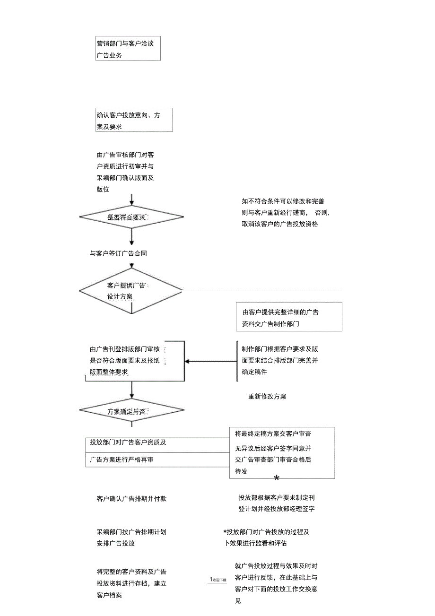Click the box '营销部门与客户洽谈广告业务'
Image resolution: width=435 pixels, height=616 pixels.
128,49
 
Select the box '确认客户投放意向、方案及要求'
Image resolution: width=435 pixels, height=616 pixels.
134,120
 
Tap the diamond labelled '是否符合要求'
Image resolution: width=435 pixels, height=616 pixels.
131,217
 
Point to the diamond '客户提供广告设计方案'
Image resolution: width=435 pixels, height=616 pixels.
130,291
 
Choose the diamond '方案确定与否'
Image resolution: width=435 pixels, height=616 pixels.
131,411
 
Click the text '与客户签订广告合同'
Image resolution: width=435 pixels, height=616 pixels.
118,253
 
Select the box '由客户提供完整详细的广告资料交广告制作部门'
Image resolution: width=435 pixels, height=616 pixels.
289,318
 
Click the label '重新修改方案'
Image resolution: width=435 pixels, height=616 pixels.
267,396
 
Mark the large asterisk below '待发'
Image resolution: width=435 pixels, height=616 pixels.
277,478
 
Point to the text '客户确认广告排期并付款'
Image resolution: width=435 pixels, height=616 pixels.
131,498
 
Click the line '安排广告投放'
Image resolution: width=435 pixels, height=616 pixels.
115,543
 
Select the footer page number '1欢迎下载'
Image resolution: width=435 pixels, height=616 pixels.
218,579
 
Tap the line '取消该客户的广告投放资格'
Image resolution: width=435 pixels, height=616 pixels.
280,224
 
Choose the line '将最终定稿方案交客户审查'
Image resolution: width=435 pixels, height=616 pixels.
273,434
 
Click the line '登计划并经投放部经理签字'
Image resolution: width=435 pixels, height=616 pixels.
277,509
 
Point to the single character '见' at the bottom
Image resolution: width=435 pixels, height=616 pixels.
238,601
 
